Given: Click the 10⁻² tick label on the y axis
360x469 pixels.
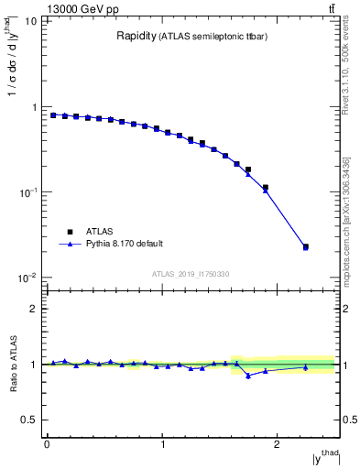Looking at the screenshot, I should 30,278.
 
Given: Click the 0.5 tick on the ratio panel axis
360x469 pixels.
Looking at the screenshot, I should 32,420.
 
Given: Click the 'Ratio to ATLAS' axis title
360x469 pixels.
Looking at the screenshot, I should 13,364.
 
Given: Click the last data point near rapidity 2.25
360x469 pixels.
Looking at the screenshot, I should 305,247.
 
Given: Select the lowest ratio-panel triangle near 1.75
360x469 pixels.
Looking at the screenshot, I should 248,376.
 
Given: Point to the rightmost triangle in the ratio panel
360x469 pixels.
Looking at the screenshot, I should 305,367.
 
